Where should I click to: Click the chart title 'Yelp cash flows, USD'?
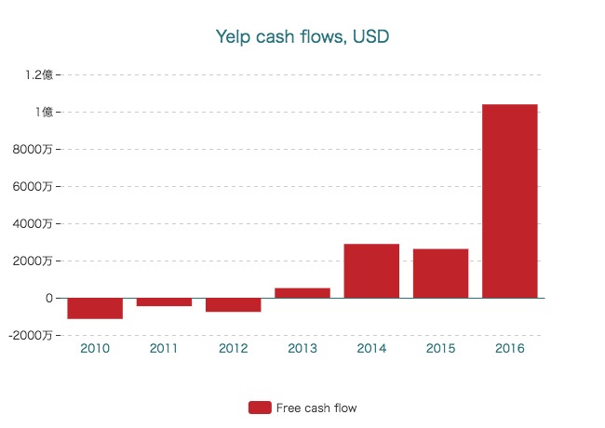(302, 37)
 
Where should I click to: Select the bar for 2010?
(95, 308)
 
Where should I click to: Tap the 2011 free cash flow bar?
(164, 302)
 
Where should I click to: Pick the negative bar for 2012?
(233, 305)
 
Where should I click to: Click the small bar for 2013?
(302, 293)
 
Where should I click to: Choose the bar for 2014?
(371, 271)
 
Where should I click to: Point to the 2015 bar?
(440, 274)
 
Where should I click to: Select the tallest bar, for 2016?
(510, 201)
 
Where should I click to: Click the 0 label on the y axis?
(47, 298)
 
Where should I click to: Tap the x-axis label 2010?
(95, 349)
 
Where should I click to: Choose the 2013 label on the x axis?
(302, 349)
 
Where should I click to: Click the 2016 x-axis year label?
(510, 349)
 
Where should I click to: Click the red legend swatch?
(260, 408)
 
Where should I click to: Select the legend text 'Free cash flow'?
(316, 408)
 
